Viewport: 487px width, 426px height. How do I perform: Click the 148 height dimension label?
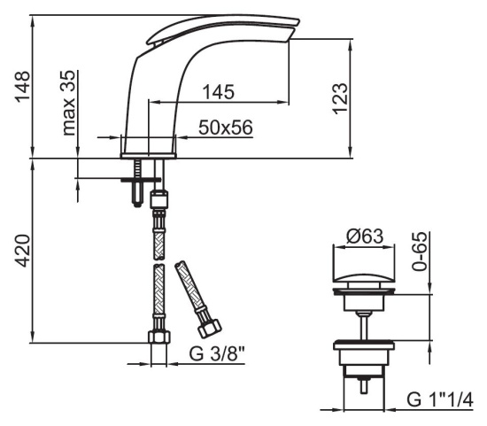point(22,87)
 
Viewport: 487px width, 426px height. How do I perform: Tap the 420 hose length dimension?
point(23,251)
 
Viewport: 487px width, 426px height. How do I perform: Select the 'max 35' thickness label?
point(68,103)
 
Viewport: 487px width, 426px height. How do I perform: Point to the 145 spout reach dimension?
point(218,92)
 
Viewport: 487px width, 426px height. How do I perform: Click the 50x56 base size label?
point(226,128)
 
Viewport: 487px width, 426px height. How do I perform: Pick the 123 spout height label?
point(340,98)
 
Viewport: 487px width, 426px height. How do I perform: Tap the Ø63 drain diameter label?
point(365,236)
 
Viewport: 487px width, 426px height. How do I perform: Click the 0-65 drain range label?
point(420,251)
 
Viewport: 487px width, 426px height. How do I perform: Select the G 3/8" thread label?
point(217,353)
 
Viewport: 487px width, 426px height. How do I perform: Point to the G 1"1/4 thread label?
point(440,399)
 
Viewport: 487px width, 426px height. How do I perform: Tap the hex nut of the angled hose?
point(210,329)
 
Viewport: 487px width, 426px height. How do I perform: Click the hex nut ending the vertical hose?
point(159,337)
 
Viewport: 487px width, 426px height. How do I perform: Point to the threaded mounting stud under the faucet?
point(137,182)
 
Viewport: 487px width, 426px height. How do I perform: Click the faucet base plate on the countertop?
point(149,156)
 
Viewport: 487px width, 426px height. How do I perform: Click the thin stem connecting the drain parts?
point(364,327)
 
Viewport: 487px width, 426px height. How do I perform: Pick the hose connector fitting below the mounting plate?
point(158,199)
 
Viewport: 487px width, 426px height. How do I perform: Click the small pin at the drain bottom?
point(364,385)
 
